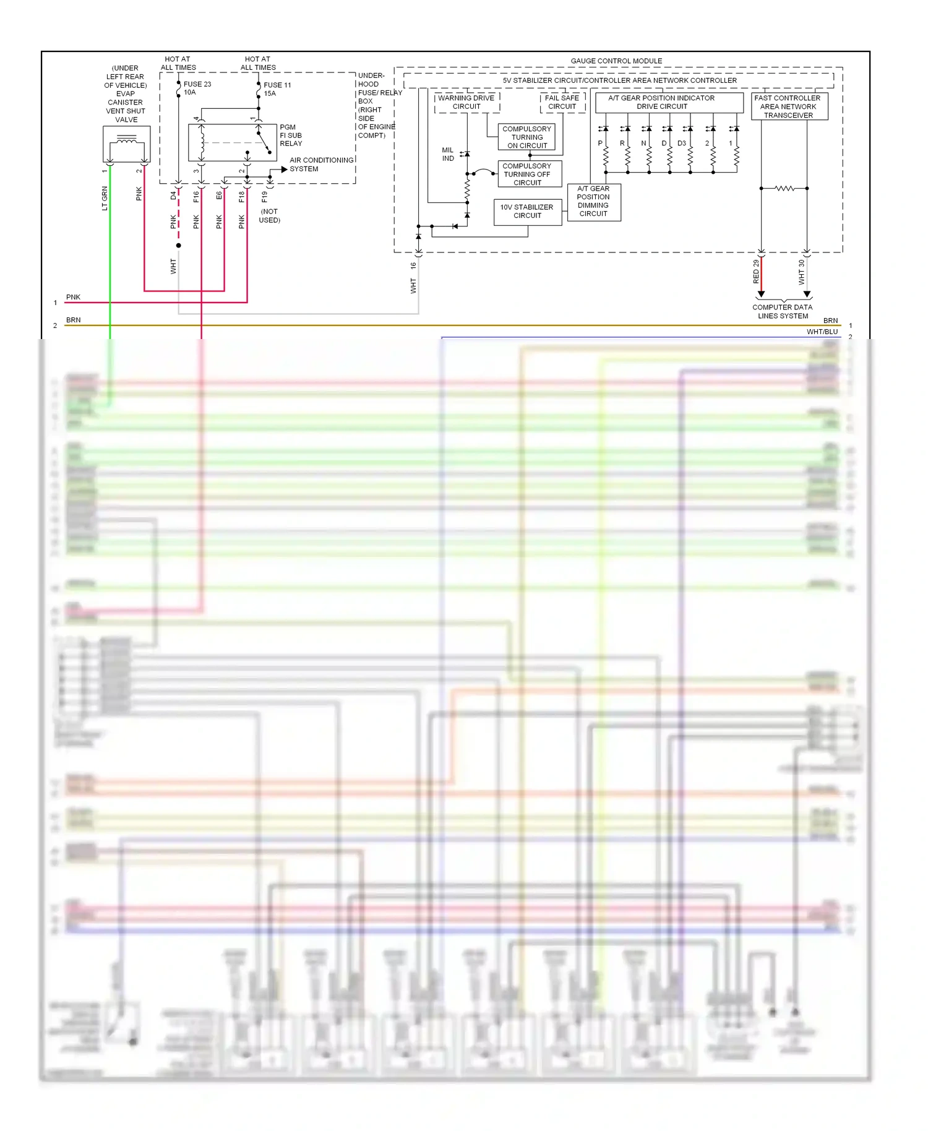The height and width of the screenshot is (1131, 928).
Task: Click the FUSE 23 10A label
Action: coord(197,88)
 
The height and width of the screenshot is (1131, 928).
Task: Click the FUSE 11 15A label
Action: coord(277,89)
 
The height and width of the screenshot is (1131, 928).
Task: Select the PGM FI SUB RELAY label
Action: coord(290,135)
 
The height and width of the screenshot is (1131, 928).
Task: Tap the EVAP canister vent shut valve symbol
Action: coord(126,144)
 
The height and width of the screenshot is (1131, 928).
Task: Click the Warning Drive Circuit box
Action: coord(466,102)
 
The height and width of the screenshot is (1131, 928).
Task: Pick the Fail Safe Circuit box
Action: coord(562,102)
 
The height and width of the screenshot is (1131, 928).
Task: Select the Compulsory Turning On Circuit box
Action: coord(526,137)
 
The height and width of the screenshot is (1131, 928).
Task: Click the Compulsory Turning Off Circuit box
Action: coord(526,174)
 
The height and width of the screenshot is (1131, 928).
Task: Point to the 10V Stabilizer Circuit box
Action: coord(527,212)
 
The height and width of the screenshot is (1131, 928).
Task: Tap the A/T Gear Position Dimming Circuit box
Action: coord(593,202)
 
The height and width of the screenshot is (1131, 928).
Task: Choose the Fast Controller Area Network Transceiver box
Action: coord(788,106)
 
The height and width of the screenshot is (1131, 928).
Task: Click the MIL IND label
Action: coord(448,154)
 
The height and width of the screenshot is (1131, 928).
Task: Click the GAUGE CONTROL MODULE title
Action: coord(616,61)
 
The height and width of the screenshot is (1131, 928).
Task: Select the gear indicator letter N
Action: coord(643,143)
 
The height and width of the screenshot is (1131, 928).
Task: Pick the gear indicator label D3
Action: coord(681,143)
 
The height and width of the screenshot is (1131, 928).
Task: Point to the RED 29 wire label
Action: coord(756,272)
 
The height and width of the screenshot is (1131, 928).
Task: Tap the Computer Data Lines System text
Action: coord(783,311)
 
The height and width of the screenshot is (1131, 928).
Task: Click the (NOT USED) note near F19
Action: coord(269,216)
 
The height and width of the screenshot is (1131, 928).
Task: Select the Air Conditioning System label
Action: coord(320,164)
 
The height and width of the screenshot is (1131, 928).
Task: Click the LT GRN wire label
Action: coord(105,198)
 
